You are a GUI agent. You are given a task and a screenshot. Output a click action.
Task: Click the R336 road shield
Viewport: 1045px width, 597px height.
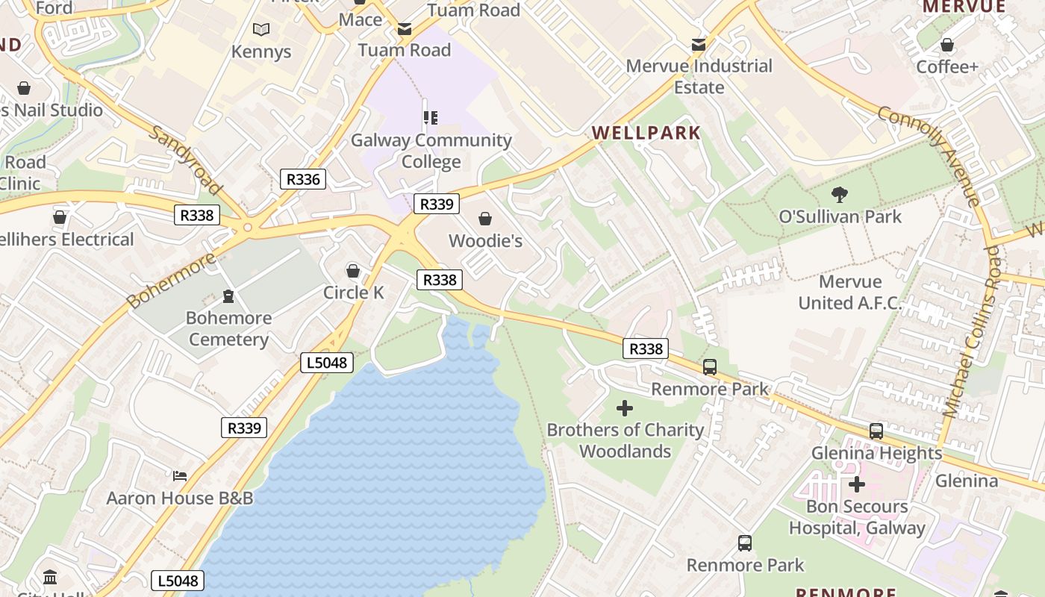303,179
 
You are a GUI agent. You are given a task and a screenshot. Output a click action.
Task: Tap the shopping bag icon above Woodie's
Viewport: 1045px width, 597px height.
485,219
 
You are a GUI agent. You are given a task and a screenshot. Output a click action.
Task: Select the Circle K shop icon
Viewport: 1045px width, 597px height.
353,270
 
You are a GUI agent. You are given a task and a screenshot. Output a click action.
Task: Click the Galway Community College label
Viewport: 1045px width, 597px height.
431,151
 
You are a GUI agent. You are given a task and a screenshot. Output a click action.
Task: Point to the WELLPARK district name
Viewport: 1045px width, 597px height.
646,134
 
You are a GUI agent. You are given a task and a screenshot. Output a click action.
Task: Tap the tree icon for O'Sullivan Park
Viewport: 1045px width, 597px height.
840,195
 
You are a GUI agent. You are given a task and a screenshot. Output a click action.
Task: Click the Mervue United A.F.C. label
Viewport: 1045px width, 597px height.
850,293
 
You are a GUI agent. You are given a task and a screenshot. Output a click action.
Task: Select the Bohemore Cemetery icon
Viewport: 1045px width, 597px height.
228,296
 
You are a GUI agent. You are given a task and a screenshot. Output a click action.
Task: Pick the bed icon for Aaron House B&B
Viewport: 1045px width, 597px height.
180,475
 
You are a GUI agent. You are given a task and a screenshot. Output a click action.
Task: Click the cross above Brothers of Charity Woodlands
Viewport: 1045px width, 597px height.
625,408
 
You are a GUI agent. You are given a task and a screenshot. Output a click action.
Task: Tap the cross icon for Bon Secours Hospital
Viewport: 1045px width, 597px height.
857,485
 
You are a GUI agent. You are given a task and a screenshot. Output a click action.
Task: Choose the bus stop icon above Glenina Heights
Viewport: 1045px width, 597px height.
876,431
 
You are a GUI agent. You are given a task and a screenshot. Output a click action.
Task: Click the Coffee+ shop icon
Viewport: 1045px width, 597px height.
947,45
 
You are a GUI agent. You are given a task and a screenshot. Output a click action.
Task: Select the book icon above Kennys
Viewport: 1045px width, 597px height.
261,30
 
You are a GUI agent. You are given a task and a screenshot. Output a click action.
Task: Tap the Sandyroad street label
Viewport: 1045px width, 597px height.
186,159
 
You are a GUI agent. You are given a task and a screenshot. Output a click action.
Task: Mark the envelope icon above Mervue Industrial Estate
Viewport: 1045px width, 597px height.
699,45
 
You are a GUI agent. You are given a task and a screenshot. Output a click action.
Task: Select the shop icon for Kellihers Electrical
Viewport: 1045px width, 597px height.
60,218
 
